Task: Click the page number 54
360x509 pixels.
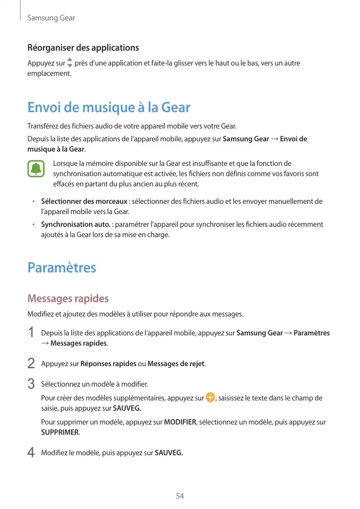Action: click(x=180, y=496)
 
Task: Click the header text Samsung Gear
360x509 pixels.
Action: click(x=51, y=18)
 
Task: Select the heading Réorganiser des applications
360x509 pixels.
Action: click(x=83, y=48)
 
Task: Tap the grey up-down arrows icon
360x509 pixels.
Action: click(x=70, y=63)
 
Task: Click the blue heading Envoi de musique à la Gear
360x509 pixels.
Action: click(x=109, y=108)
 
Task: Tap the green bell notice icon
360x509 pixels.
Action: click(x=36, y=169)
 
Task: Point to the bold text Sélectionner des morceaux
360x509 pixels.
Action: click(x=84, y=201)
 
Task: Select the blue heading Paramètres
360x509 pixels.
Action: click(x=61, y=268)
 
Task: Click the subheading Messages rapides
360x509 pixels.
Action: click(x=68, y=299)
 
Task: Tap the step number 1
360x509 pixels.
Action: click(x=31, y=333)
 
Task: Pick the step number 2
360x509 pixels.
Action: click(x=31, y=364)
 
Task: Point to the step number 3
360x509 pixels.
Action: click(x=31, y=384)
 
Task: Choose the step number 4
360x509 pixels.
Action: click(x=31, y=453)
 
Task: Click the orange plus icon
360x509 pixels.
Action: click(x=210, y=398)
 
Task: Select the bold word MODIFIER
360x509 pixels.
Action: click(x=180, y=422)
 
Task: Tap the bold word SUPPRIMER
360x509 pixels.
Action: click(x=59, y=432)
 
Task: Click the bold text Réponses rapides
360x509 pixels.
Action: click(x=109, y=364)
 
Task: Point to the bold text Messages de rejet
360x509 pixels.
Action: click(x=176, y=364)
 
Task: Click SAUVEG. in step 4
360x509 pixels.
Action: click(x=168, y=453)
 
